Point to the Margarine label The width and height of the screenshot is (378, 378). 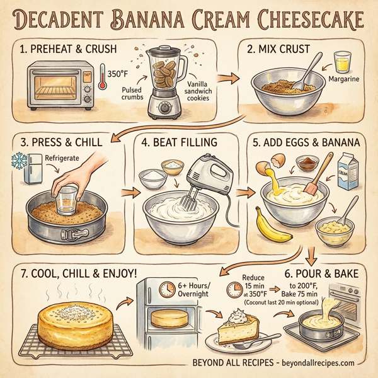coord(344,79)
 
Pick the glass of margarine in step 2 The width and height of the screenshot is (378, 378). coord(341,62)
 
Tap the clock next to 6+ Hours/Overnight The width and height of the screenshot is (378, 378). coord(167,289)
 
